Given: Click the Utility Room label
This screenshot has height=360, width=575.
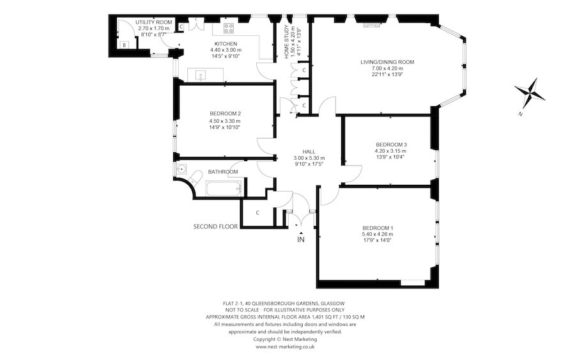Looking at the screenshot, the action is click(153, 22).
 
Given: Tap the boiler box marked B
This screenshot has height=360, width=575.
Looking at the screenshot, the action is click(125, 45).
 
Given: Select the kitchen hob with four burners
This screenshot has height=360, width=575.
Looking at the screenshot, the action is click(229, 28).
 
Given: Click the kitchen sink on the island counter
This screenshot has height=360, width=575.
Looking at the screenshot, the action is click(201, 75).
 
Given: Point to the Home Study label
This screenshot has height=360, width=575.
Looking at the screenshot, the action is click(287, 42).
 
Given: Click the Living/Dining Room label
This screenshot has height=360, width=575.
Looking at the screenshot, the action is click(387, 62).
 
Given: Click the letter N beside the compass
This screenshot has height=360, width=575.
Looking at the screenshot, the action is click(520, 114).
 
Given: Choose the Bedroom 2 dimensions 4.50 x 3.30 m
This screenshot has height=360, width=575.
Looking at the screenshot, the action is click(225, 121).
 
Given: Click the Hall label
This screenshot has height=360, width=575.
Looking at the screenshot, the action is click(309, 152).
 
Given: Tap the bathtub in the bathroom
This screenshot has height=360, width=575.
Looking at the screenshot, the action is click(224, 189).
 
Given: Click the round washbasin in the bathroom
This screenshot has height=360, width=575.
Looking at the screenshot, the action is click(181, 169).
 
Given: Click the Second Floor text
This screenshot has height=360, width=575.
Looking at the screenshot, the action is click(216, 227).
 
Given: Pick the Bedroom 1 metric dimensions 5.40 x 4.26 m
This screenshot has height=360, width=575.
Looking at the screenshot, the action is click(378, 234).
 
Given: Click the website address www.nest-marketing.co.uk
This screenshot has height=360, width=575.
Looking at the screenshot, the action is click(285, 347).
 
